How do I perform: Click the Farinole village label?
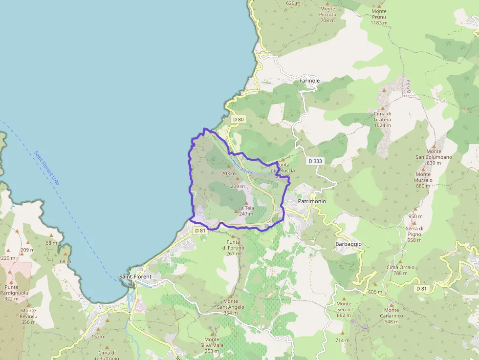tap(309, 81)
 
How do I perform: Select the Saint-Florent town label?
tap(135, 277)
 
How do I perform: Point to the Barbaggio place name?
tap(348, 244)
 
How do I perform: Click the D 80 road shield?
tap(238, 119)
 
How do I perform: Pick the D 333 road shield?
tap(315, 161)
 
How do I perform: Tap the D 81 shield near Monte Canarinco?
tap(422, 289)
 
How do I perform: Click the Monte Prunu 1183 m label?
tap(379, 17)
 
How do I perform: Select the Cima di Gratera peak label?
tap(382, 119)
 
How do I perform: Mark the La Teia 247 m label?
tap(246, 211)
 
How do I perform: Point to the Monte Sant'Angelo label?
tap(231, 307)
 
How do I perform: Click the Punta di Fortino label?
tap(233, 248)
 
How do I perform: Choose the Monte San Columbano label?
tap(434, 157)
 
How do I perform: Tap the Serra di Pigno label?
tap(414, 234)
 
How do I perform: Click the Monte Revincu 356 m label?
tap(28, 316)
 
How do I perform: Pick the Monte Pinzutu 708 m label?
tap(327, 15)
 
